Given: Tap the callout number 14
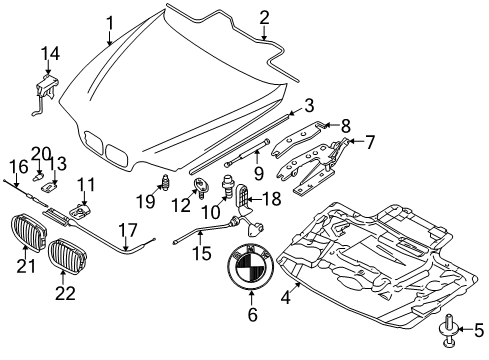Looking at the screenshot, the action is coord(51,53).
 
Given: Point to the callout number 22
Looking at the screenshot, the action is coord(65,293).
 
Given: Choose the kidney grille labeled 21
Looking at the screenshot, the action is coord(29,233).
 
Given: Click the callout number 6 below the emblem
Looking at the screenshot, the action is coord(252,315).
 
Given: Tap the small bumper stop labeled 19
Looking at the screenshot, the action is coord(166,182).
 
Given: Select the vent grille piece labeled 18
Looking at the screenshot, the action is coord(244,199).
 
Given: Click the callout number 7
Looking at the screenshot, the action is coord(369,142).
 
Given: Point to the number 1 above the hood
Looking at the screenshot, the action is coord(110,24).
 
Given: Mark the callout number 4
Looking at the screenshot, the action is coord(286,298).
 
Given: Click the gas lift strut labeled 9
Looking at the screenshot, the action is coord(247,153).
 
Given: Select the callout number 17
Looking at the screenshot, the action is coord(128,230).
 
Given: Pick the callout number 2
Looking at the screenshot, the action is coord(264,18).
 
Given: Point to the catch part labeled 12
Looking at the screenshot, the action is coord(200,187).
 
